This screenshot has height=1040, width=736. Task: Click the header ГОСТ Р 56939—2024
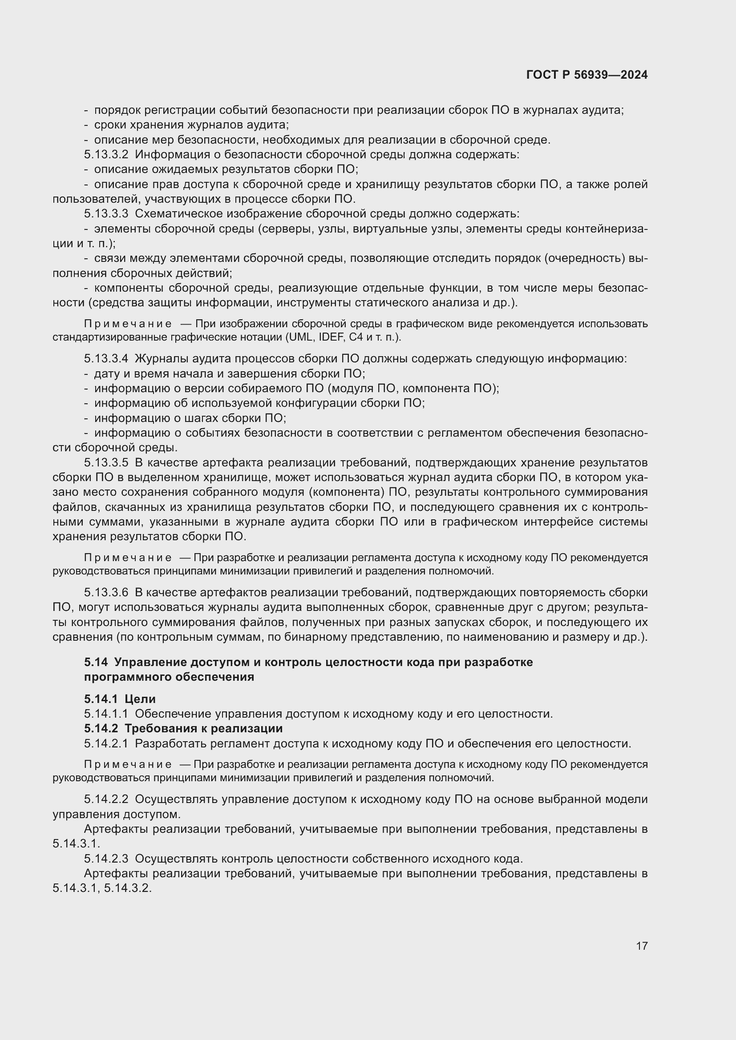587,75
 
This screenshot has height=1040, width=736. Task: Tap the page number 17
642,946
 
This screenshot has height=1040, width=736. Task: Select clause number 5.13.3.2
106,154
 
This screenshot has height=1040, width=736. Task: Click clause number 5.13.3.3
106,214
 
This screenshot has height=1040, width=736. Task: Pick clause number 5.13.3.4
106,359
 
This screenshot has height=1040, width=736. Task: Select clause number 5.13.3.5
106,463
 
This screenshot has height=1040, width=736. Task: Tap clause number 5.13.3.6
106,592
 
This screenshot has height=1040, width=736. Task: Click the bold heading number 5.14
96,662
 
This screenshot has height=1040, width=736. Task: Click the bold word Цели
140,699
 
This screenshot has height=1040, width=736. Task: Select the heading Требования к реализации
203,728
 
